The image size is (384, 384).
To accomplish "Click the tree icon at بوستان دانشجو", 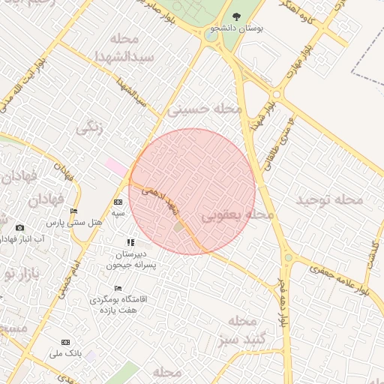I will pyautogui.click(x=237, y=16).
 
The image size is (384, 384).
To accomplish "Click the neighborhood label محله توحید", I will pyautogui.click(x=329, y=199).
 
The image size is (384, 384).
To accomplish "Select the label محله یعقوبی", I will pyautogui.click(x=238, y=215).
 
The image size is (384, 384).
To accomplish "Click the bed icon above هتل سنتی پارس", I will pyautogui.click(x=73, y=211).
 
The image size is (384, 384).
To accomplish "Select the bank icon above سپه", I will pyautogui.click(x=118, y=202).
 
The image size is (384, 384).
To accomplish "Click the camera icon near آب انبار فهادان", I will pyautogui.click(x=19, y=227).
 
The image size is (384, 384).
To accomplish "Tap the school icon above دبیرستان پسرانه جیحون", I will pyautogui.click(x=130, y=242).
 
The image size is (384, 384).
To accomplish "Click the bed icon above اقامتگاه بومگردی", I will pyautogui.click(x=118, y=288).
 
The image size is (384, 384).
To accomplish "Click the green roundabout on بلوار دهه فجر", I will pyautogui.click(x=288, y=258).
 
